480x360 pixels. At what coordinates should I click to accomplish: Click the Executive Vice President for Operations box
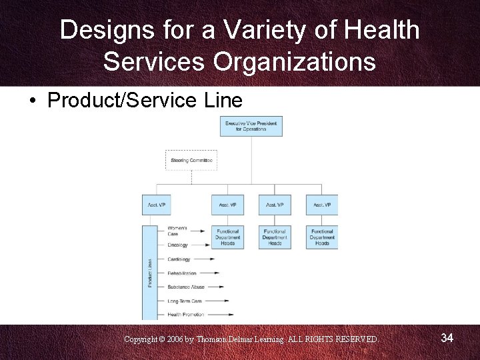click(251, 126)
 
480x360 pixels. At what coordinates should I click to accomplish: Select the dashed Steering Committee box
click(191, 161)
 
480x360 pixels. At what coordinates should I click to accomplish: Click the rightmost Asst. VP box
click(322, 205)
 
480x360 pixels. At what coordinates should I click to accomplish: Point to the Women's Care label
click(178, 231)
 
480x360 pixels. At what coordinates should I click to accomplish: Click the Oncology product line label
click(178, 245)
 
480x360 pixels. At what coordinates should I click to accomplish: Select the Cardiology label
click(179, 259)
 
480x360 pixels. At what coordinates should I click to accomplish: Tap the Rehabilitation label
click(182, 273)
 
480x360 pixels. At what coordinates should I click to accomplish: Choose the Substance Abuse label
click(186, 287)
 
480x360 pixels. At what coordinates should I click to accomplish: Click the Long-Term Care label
click(185, 301)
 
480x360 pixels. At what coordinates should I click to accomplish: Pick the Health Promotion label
click(186, 315)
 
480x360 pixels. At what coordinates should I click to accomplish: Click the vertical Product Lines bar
click(150, 273)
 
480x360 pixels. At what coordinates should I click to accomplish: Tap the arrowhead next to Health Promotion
click(230, 315)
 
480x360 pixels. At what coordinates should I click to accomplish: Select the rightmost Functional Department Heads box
click(322, 237)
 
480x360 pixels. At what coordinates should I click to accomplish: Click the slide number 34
click(447, 339)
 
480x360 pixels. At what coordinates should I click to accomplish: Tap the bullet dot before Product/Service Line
click(32, 101)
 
